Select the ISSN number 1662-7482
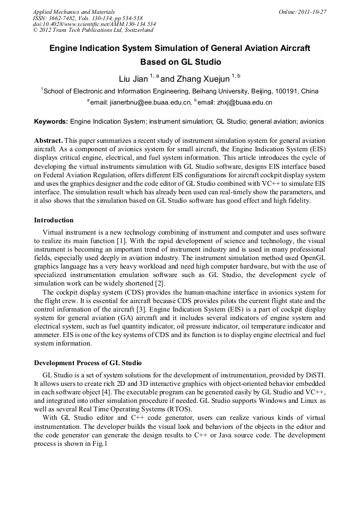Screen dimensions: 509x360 click(x=65, y=18)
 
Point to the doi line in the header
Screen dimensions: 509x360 click(x=94, y=24)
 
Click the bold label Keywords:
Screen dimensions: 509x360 click(x=51, y=122)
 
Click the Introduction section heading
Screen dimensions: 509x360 click(x=54, y=220)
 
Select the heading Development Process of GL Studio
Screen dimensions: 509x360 click(x=88, y=363)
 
